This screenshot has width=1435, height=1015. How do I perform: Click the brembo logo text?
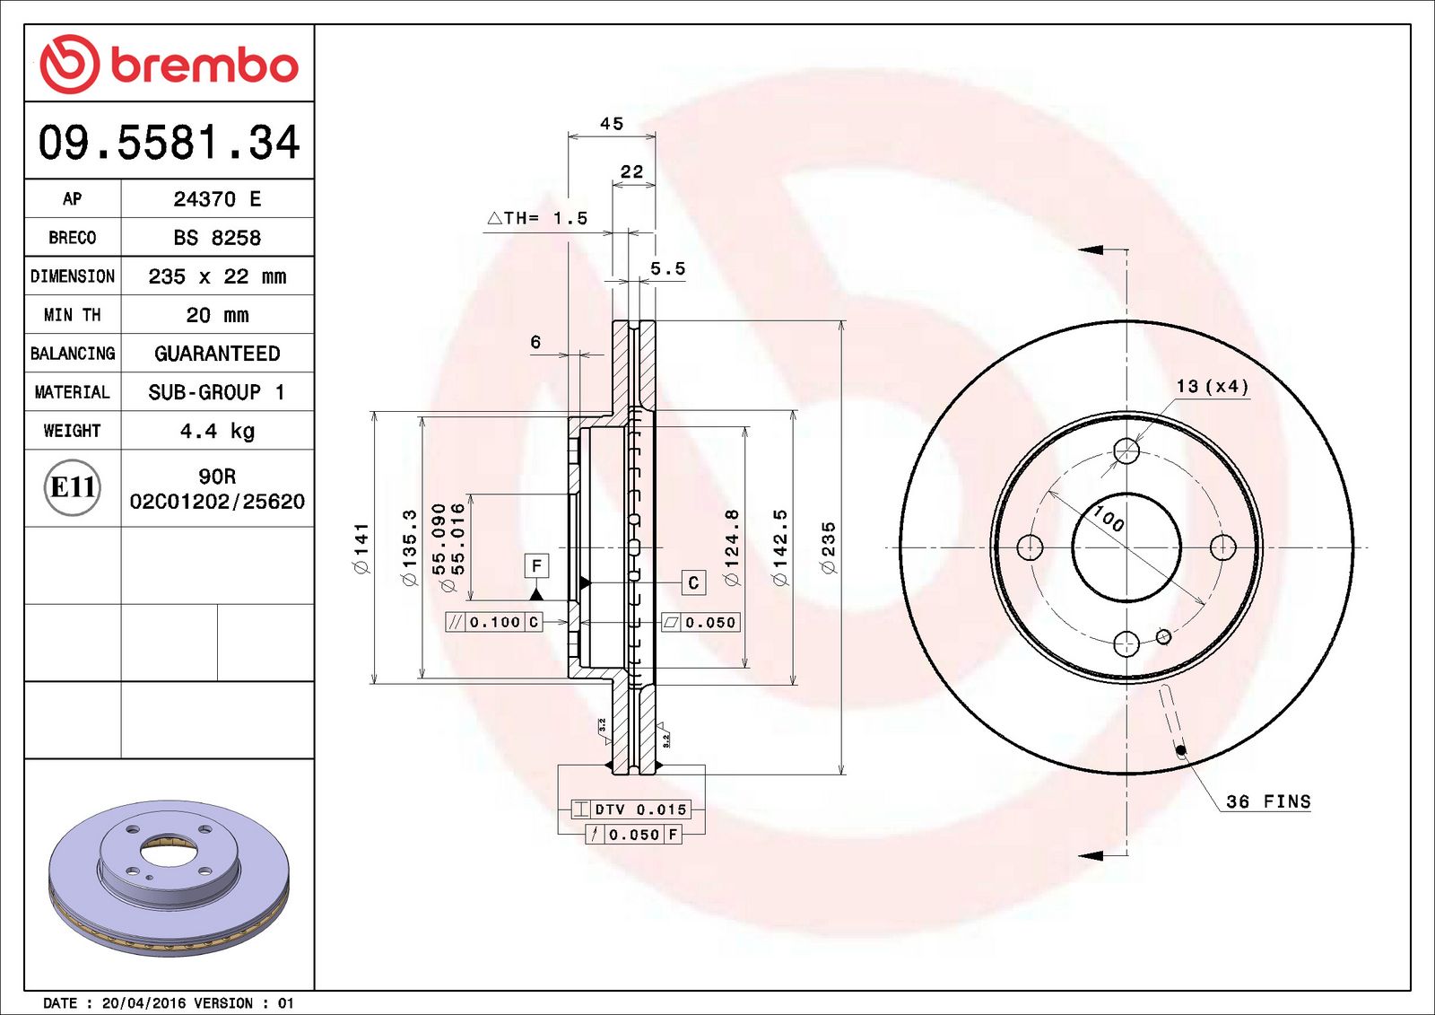pos(204,65)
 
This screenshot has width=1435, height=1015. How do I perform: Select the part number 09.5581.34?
pos(169,143)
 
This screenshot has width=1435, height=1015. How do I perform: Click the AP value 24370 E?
pos(217,199)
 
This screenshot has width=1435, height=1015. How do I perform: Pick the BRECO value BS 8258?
pos(217,238)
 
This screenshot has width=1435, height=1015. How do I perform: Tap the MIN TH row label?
pos(73,315)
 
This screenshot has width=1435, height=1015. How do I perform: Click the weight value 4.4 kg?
pos(217,431)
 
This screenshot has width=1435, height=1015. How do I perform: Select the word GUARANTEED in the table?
pos(217,354)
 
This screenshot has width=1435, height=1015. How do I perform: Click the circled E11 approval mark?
pos(73,487)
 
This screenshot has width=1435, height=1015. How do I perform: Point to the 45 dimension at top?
pos(612,124)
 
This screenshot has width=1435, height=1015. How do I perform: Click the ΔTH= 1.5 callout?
pos(537,218)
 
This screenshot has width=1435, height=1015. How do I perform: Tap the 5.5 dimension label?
pos(667,268)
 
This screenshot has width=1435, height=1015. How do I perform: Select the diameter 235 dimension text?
pos(829,547)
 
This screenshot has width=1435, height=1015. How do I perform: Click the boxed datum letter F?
pos(536,565)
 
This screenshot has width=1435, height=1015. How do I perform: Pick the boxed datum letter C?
pos(693,582)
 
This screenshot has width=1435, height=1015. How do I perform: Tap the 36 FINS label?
pos(1268,801)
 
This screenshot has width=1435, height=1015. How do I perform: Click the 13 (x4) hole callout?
pos(1212,386)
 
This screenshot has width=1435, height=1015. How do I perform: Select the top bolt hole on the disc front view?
pos(1126,451)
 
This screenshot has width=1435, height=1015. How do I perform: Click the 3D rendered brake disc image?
pos(169,877)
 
